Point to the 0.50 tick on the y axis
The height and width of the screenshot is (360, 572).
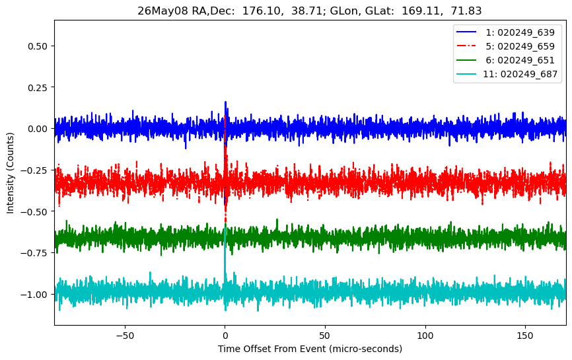[38, 46]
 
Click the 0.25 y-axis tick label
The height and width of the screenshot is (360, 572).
[38, 87]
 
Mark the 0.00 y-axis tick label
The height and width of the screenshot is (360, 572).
[38, 129]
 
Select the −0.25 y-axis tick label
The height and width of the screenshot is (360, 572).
[34, 170]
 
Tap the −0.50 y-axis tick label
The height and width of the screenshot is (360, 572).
[34, 211]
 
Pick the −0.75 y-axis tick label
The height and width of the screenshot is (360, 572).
[34, 253]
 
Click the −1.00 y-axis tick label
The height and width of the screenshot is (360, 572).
[34, 295]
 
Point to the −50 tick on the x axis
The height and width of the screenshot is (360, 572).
[125, 336]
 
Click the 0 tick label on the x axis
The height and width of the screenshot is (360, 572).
[225, 336]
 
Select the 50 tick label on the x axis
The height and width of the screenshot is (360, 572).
[325, 336]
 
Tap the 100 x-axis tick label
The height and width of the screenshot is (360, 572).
[425, 336]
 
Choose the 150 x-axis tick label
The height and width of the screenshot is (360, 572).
[525, 336]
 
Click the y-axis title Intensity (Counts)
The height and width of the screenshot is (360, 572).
[10, 173]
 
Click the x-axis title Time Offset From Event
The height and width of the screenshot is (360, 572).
[271, 349]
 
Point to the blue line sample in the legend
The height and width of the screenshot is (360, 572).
[466, 32]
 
